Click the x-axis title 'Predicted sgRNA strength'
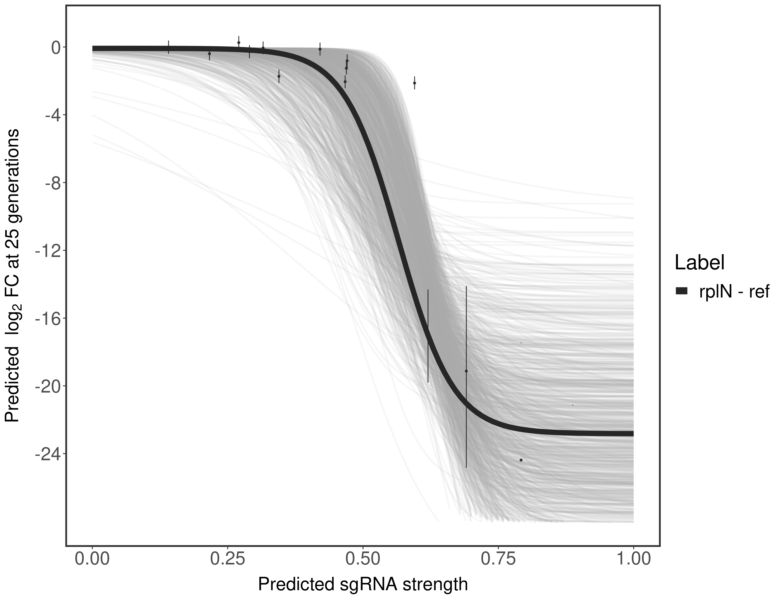coord(363,585)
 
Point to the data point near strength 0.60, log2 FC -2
coord(414,83)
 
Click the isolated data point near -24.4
coord(521,460)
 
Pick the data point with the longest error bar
coord(466,371)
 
